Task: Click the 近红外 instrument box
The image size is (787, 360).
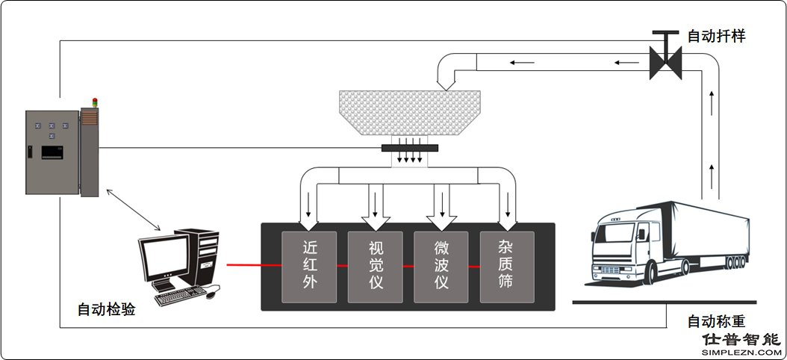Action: pos(309,267)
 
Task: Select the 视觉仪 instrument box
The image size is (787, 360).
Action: pos(375,267)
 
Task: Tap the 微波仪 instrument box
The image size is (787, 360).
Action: pos(441,267)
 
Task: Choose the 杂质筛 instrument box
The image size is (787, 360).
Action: pos(507,267)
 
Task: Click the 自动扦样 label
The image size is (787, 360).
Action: pos(716,36)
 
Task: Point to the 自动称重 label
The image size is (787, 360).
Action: pos(716,321)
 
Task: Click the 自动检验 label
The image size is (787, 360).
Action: pos(106,309)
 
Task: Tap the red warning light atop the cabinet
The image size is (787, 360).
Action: pos(94,102)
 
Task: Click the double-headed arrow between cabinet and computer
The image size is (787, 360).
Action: pos(134,210)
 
